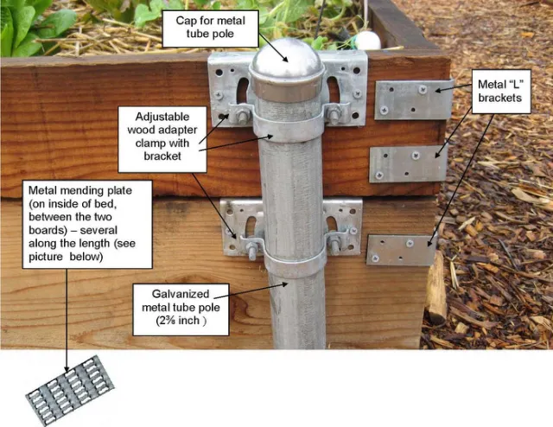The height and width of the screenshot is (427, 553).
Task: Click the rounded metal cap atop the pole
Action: click(x=286, y=61)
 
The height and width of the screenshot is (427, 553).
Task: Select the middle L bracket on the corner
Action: click(x=407, y=163)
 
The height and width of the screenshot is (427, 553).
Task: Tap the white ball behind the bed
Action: click(x=367, y=40)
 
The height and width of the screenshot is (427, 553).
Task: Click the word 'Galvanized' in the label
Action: click(x=181, y=294)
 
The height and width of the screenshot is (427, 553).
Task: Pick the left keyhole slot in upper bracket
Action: click(x=243, y=90)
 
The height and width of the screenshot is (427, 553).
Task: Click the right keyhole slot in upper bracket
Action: click(x=334, y=89)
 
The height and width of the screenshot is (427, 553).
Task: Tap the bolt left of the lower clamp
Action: click(x=251, y=251)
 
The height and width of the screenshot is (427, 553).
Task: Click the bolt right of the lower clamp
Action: click(x=334, y=246)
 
